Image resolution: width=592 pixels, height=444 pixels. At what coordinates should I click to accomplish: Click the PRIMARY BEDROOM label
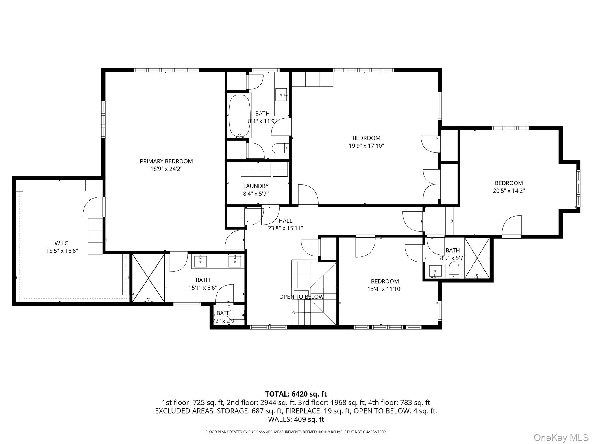coord(166,161)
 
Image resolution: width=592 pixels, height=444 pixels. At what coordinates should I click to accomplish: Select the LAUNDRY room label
coord(256,186)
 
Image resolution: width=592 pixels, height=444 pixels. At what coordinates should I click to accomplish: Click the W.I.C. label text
coord(62,243)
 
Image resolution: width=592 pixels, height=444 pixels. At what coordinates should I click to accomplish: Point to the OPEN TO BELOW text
coord(301,297)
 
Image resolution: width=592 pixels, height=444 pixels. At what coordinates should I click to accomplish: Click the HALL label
coord(285,221)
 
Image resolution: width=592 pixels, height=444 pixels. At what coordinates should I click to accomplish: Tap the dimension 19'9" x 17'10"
coord(366,146)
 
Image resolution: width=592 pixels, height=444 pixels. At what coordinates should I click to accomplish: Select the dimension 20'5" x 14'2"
coord(509,191)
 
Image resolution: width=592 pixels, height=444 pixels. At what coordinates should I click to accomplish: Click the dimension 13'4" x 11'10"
coord(385,289)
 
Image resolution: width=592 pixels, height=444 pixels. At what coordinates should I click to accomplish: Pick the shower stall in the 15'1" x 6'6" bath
coord(148,278)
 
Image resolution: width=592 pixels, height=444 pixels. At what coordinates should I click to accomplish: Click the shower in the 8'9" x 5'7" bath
coord(477,258)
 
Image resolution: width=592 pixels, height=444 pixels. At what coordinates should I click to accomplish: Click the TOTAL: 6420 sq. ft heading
coord(296,394)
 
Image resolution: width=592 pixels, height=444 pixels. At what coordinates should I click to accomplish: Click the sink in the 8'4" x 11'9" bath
coord(281,95)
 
